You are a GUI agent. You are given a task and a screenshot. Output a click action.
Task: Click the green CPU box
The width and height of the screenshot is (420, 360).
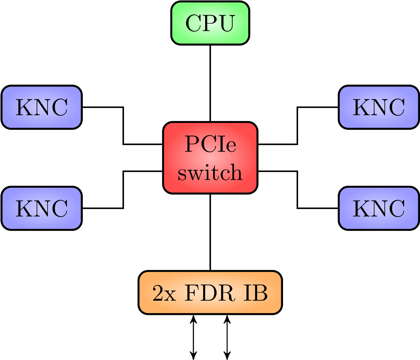[x=210, y=23]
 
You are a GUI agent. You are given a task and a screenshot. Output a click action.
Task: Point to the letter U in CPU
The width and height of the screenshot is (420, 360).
[x=227, y=23]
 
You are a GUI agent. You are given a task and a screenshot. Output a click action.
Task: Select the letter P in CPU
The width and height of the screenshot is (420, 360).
[x=210, y=23]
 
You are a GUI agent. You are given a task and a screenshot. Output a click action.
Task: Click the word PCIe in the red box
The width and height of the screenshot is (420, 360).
[x=210, y=144]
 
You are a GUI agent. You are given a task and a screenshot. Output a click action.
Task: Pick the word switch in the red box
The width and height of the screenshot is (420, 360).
[x=210, y=173]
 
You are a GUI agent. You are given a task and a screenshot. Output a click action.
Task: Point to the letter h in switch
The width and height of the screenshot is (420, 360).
[x=236, y=172]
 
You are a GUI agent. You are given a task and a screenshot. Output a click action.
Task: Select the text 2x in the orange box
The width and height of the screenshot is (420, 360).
[x=164, y=293]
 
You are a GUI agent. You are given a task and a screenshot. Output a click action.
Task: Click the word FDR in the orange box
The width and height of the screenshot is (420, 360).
[x=210, y=293]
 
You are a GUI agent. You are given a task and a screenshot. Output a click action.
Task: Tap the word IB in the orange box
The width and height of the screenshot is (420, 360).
[x=255, y=293]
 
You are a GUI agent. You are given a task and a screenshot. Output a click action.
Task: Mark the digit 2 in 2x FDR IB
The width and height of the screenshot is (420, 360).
[x=158, y=293]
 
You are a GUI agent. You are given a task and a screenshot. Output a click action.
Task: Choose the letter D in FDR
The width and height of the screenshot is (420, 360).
[x=210, y=293]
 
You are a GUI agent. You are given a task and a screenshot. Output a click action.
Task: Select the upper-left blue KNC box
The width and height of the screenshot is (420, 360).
[x=42, y=107]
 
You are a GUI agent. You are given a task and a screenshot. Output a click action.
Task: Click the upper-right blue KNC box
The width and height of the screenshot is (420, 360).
[x=379, y=107]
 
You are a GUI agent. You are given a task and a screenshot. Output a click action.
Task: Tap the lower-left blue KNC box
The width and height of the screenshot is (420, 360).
[x=42, y=208]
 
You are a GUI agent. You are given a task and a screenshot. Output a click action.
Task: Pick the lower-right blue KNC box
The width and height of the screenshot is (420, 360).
[x=379, y=208]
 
